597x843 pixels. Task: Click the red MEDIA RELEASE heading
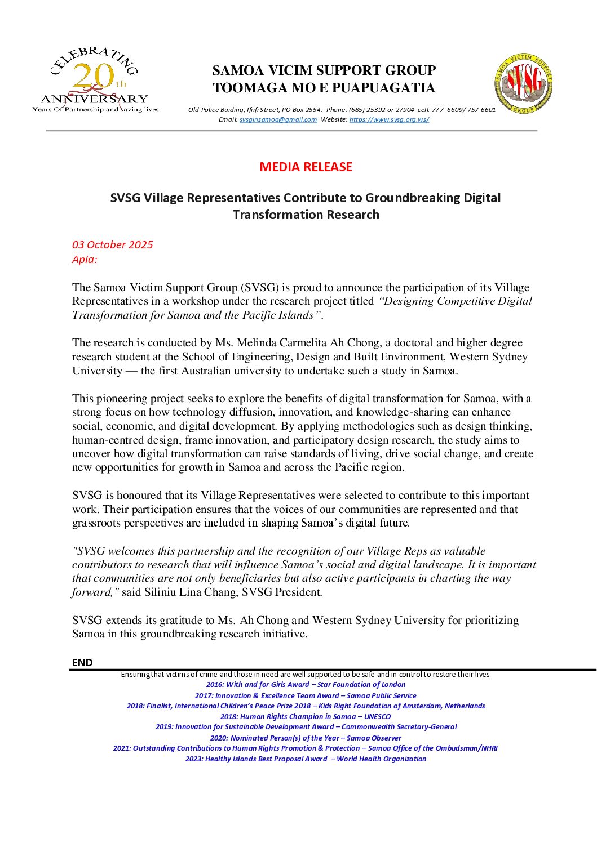(306, 167)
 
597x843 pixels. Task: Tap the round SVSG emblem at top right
(523, 84)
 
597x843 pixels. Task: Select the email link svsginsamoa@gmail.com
(278, 119)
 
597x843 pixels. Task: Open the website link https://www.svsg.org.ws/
(389, 119)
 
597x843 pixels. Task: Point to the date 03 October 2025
(112, 244)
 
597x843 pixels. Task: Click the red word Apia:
(85, 259)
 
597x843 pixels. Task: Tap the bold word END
(82, 662)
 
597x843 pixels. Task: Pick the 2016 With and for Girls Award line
(306, 685)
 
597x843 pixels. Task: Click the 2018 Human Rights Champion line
(306, 716)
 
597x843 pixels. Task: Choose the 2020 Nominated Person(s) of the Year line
(306, 738)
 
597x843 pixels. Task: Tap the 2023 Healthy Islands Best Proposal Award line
(306, 759)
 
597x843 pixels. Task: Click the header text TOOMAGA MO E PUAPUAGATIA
(324, 88)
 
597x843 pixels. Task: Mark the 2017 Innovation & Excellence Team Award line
(306, 695)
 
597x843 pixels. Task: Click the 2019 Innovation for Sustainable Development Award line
(306, 727)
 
